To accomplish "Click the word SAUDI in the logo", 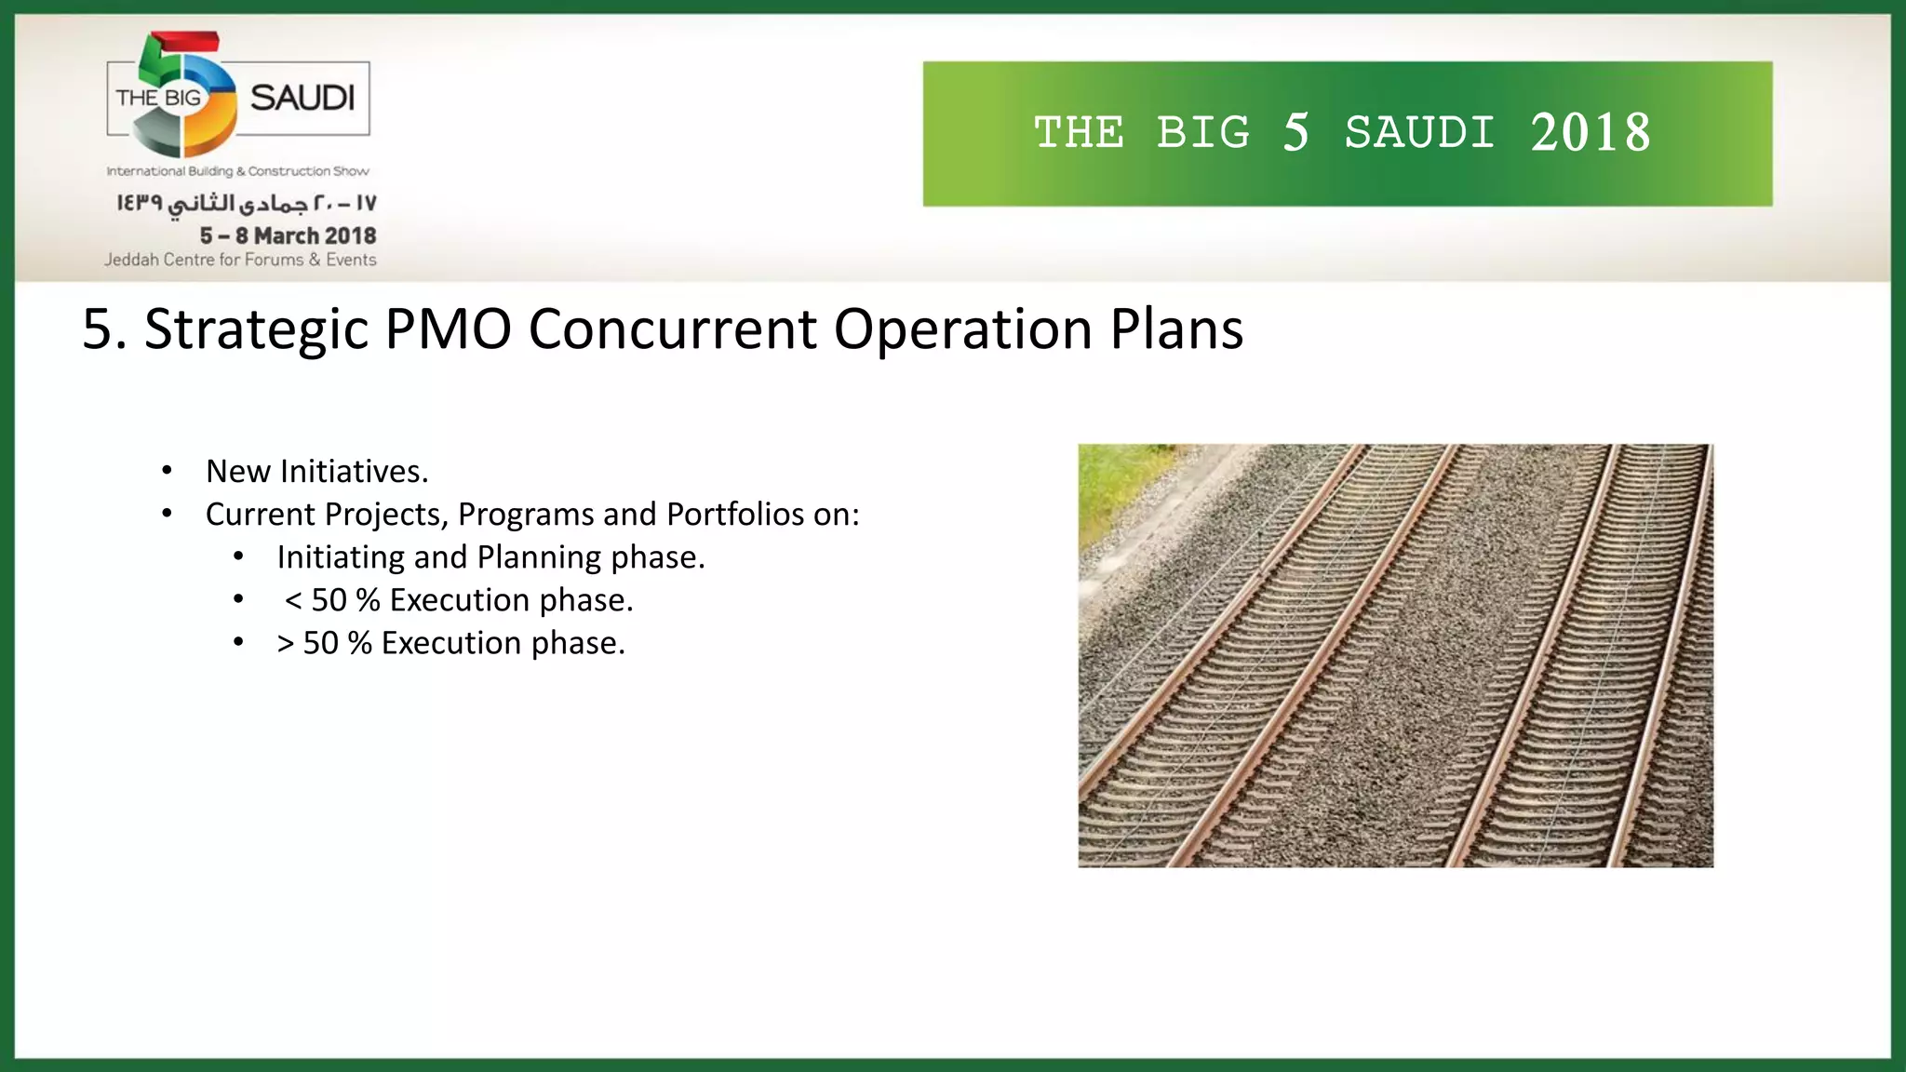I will [302, 98].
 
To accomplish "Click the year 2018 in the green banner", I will [1591, 133].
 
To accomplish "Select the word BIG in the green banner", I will [1203, 133].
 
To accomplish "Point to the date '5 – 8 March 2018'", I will [288, 235].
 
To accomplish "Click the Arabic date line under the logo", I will [247, 203].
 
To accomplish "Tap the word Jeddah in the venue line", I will [131, 260].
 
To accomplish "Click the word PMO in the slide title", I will [448, 329].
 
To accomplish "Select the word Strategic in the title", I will [257, 329].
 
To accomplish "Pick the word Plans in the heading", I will [1176, 329].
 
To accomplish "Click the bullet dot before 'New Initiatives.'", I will [167, 471].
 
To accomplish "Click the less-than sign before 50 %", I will [293, 600].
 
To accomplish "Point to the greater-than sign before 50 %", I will [285, 643].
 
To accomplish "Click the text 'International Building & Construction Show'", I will [237, 171].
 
